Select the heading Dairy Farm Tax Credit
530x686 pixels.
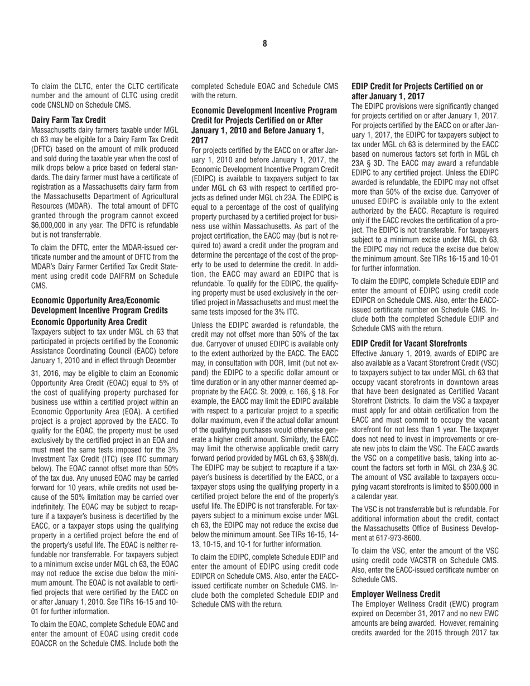tap(68, 119)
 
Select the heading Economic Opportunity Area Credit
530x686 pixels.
tap(89, 322)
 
